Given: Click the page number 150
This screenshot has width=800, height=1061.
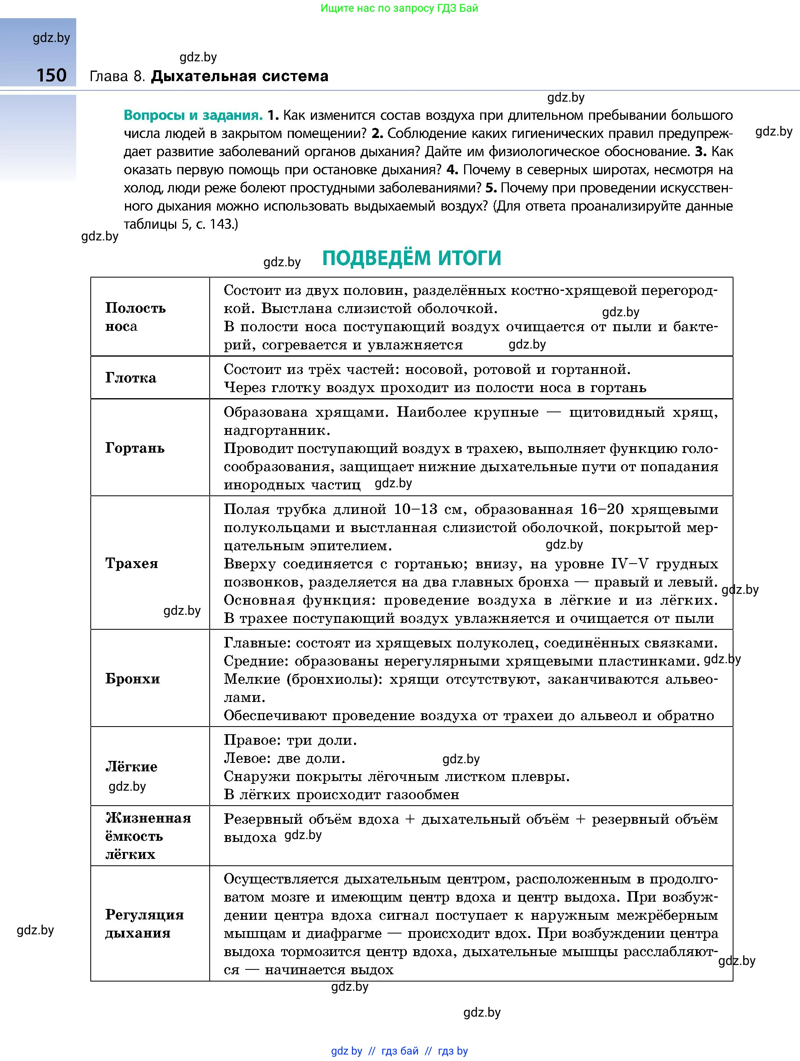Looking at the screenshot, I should pos(51,75).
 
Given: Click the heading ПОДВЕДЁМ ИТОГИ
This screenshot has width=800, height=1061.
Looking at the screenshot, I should pos(411,258).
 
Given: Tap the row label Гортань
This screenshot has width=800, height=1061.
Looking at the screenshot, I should pos(135,448).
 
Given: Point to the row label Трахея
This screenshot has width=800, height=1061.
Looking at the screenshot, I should pos(132,563).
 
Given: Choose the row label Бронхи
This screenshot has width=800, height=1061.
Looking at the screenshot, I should pos(133,679).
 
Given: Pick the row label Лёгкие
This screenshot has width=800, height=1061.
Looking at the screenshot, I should pos(131,767).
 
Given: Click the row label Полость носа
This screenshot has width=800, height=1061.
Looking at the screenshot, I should pos(135,317).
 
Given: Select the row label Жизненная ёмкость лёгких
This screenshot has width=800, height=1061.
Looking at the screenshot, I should pos(148,836).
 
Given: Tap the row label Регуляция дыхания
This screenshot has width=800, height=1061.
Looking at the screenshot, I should pos(144,924).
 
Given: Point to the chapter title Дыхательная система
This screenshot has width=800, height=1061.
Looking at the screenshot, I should pos(240,76).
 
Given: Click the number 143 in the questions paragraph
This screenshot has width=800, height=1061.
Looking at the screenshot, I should pos(221,224).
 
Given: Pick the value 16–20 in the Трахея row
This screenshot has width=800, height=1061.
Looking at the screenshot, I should pos(602,510).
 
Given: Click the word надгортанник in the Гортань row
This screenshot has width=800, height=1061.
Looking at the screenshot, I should pos(277,431).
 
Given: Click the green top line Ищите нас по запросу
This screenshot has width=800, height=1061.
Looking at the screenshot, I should pos(399,8).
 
